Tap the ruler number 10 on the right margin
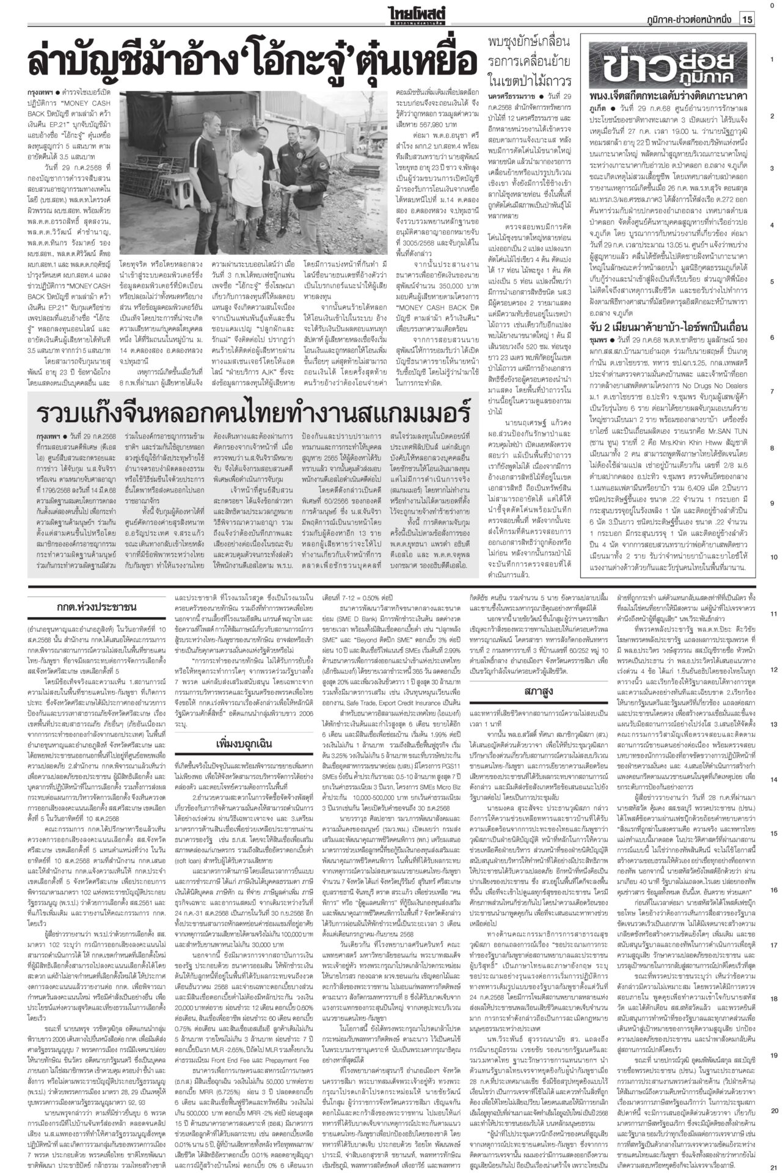[773, 557]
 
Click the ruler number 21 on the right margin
[773, 1166]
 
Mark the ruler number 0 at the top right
[773, 6]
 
